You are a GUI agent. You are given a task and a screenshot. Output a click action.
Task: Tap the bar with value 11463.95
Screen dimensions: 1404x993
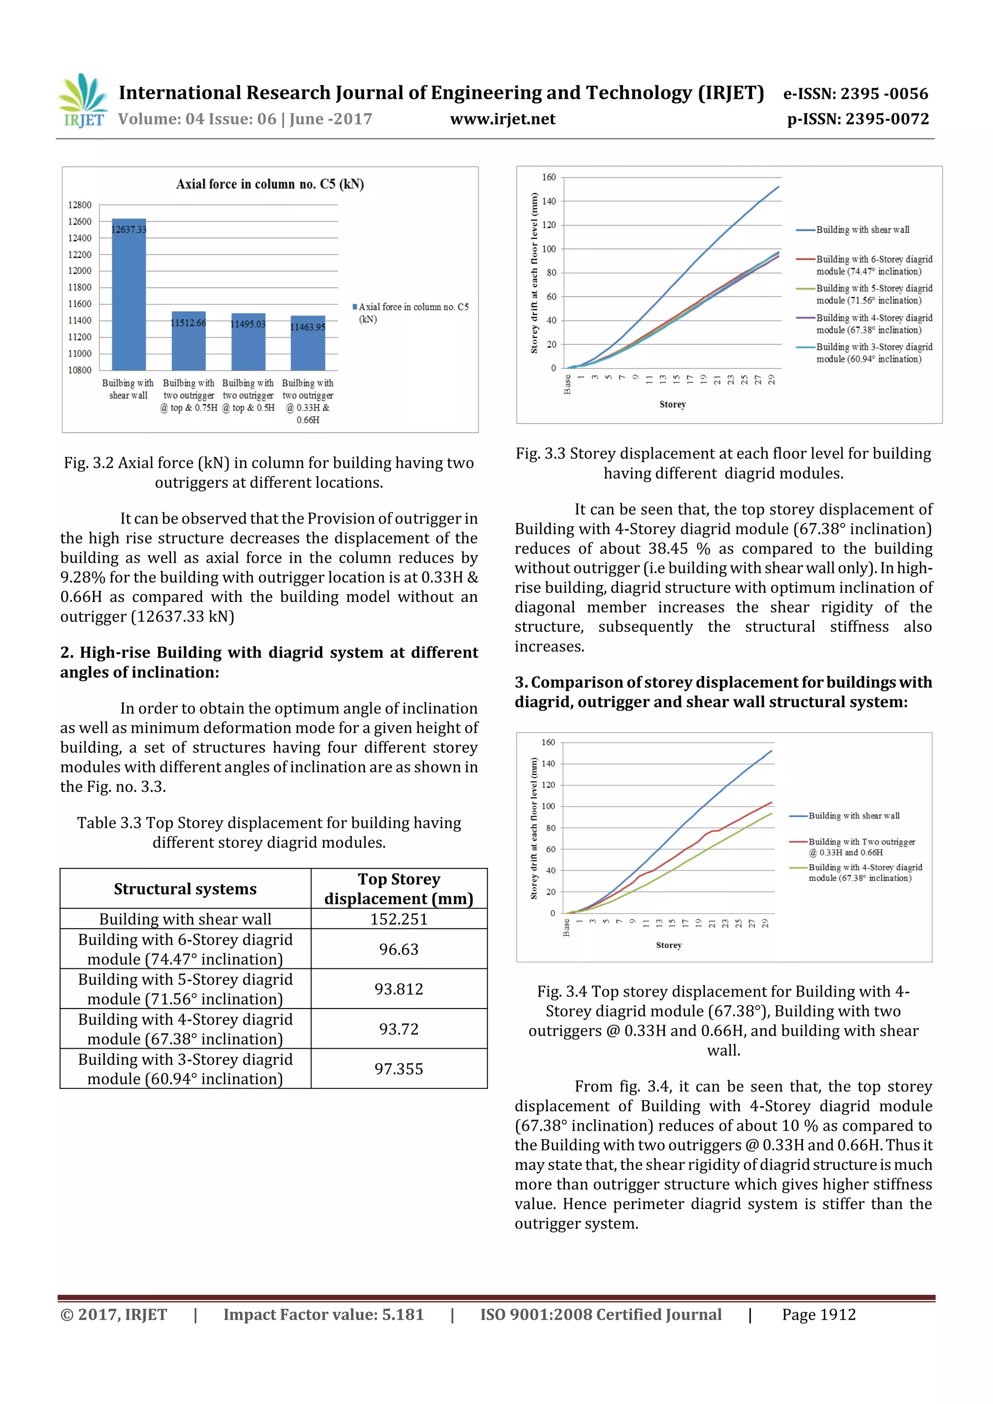(x=308, y=343)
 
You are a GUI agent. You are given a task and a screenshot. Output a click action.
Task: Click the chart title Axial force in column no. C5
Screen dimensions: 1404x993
(x=270, y=184)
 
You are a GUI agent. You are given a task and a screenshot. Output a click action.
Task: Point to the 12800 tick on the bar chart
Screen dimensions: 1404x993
(x=80, y=205)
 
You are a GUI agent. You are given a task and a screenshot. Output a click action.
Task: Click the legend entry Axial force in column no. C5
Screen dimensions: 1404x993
(x=411, y=313)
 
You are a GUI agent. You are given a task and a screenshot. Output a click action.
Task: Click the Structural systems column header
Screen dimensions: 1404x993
(x=185, y=888)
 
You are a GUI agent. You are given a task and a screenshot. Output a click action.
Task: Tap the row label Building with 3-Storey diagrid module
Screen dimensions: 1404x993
(x=185, y=1069)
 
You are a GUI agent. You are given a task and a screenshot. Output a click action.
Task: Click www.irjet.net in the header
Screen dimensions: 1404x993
(x=502, y=119)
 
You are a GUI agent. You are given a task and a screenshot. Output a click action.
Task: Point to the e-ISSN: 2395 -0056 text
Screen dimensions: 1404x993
(x=855, y=94)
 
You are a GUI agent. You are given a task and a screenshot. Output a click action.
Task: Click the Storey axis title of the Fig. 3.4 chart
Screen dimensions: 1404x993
(x=668, y=946)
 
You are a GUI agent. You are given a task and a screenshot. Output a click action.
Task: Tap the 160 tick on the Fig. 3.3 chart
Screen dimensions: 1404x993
(x=548, y=177)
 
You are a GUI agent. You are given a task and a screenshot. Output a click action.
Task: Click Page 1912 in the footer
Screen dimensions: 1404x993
(x=818, y=1315)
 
